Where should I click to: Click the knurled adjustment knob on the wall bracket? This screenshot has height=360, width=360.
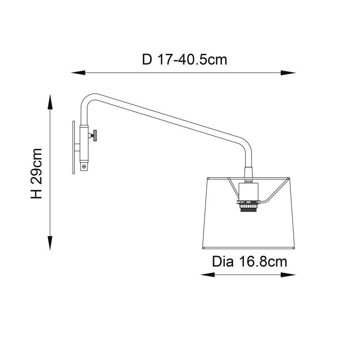(94, 135)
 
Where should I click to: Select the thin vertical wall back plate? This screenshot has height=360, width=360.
(73, 147)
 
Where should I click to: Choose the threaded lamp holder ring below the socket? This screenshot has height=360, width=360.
(248, 206)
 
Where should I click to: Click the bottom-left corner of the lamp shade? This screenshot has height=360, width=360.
(202, 248)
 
